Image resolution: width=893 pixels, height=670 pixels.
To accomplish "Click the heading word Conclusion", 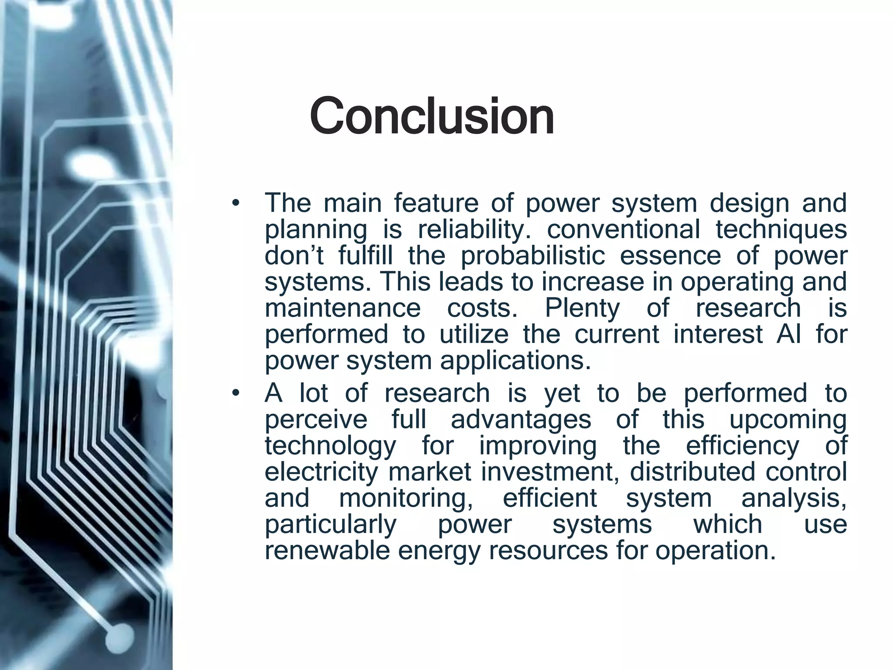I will [x=432, y=116].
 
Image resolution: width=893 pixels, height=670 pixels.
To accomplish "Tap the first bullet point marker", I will [x=236, y=203].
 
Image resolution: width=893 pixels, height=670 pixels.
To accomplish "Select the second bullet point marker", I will [x=236, y=393].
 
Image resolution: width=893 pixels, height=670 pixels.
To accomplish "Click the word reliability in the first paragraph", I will [x=474, y=230].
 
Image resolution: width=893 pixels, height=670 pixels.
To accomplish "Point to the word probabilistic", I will [x=533, y=256].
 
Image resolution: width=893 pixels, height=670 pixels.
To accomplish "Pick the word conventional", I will [x=624, y=229].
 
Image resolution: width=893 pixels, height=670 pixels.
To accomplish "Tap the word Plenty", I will [x=582, y=308].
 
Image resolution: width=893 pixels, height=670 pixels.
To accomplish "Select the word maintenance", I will [x=343, y=308].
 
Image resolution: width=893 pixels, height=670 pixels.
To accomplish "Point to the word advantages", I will [x=521, y=420].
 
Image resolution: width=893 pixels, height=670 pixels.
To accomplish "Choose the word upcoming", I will [x=788, y=420].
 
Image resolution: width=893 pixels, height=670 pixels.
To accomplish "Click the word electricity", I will [x=321, y=472].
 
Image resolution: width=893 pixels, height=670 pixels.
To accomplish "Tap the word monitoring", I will [x=406, y=498].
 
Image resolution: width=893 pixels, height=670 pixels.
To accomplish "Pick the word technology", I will [x=331, y=446].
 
